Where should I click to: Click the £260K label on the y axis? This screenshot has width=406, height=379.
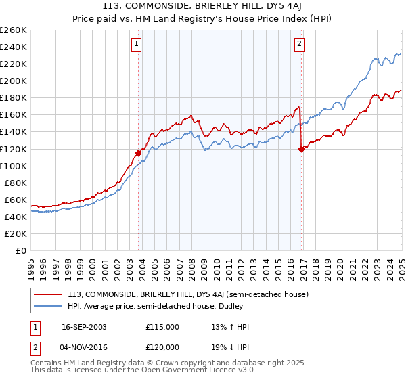tap(14, 30)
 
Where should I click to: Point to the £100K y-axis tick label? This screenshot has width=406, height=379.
tap(14, 166)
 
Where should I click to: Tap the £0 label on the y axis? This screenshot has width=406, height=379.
tap(21, 250)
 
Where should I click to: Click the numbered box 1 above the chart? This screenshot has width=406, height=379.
tap(137, 45)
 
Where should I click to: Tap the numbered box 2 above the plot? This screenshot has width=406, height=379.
tap(299, 45)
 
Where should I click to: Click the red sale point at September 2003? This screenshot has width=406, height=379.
tap(138, 153)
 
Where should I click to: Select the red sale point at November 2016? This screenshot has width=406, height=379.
tap(301, 149)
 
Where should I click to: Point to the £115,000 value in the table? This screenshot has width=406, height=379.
tap(162, 327)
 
